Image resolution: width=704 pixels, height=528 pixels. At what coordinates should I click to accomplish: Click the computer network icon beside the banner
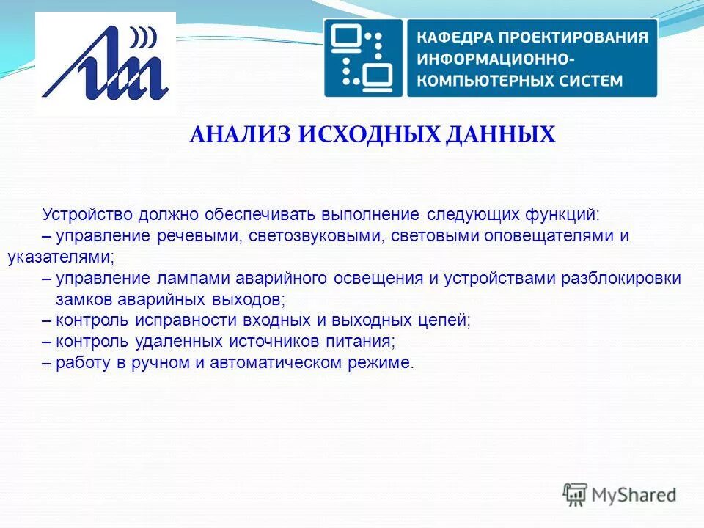click(x=364, y=58)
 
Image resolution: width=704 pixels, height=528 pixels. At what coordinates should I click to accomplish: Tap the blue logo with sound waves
click(x=106, y=64)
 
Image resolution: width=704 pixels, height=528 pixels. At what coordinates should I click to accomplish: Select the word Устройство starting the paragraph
click(x=87, y=215)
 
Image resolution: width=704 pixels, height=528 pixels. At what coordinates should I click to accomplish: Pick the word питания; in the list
click(x=364, y=342)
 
